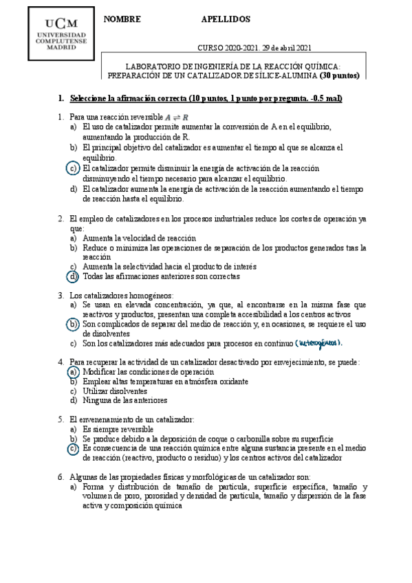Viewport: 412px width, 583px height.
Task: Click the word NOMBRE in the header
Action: (121, 19)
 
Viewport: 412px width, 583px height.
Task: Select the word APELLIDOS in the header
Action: (226, 19)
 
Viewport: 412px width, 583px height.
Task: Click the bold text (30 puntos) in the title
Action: (338, 76)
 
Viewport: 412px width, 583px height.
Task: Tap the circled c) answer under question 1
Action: (73, 167)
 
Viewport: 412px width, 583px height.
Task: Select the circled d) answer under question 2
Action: (73, 276)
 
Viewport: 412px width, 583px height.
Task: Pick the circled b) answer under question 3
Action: (73, 323)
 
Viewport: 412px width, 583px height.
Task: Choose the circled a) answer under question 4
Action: (73, 371)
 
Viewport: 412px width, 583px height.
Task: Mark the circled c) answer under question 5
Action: (73, 448)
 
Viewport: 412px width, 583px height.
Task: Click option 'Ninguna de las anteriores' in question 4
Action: (124, 400)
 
